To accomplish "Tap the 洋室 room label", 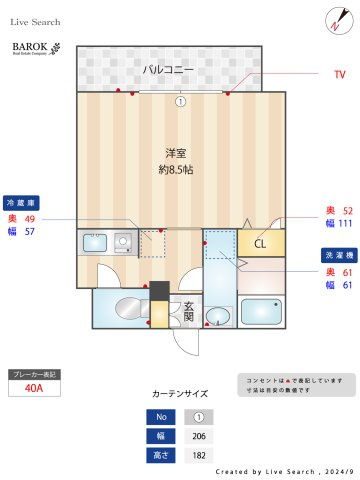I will pyautogui.click(x=177, y=152).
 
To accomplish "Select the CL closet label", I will pyautogui.click(x=260, y=243).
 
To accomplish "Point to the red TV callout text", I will pyautogui.click(x=340, y=74).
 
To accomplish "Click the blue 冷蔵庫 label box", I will pyautogui.click(x=22, y=201).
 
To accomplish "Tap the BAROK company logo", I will pyautogui.click(x=36, y=48).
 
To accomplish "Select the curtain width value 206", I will pyautogui.click(x=198, y=437).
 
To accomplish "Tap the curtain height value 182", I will pyautogui.click(x=198, y=455).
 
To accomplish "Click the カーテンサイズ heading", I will pyautogui.click(x=180, y=394).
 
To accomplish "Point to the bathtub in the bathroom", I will pyautogui.click(x=262, y=311).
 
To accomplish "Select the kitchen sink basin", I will pyautogui.click(x=94, y=242).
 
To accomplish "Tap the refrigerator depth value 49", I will pyautogui.click(x=30, y=218).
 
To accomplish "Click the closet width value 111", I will pyautogui.click(x=345, y=224).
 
